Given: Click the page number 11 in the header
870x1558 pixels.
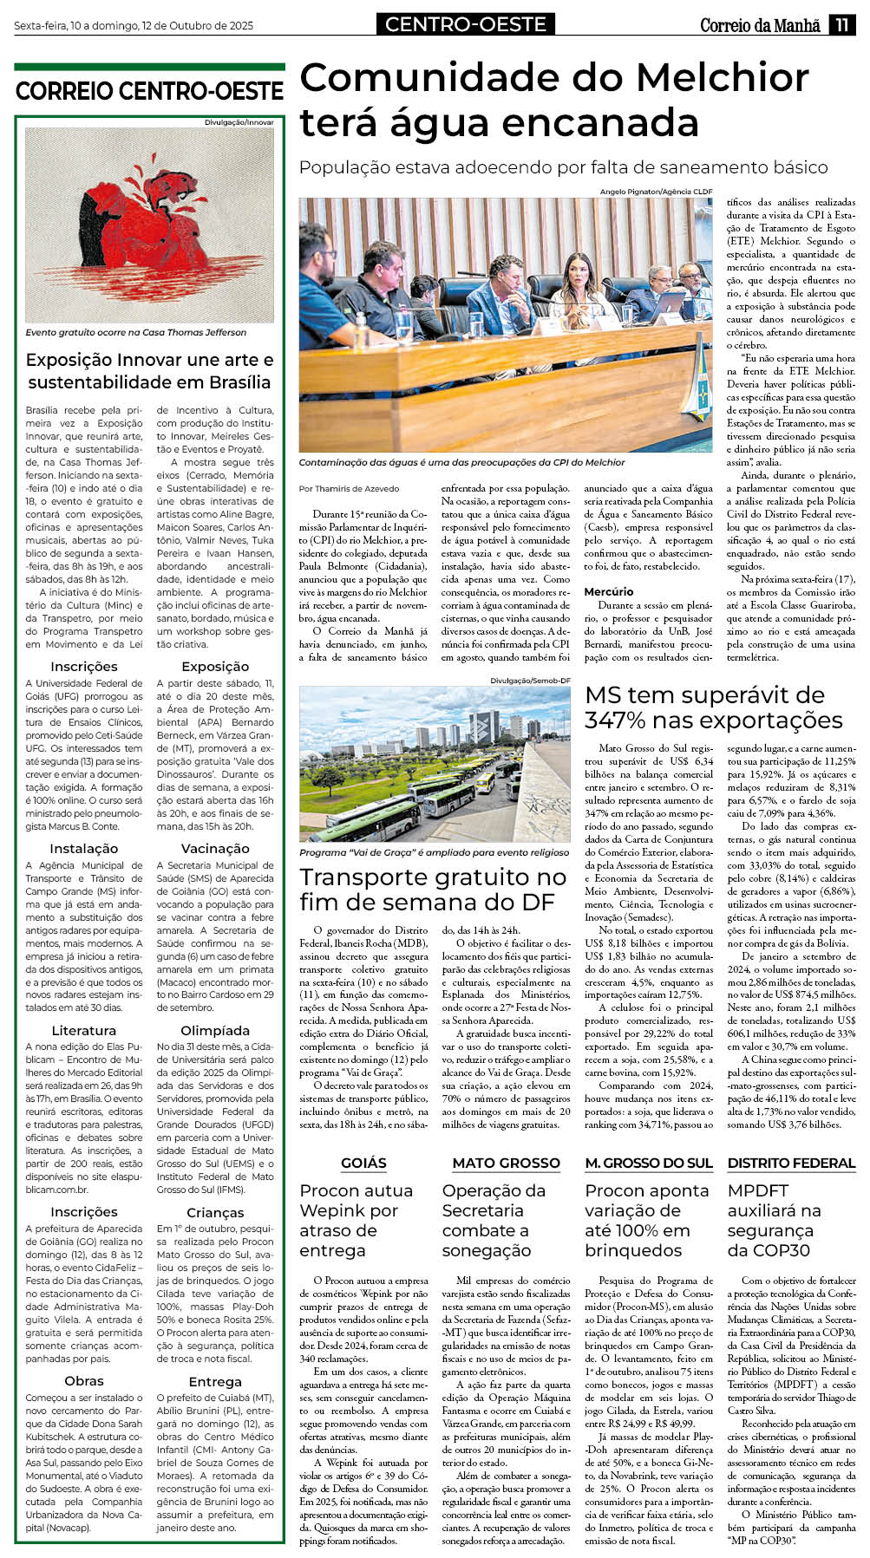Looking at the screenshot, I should coord(841,24).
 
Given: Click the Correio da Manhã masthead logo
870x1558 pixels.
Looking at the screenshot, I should coord(760,25).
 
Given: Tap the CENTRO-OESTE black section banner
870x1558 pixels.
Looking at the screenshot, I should coord(465,24).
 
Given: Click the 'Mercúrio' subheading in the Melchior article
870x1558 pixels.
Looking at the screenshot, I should coord(609,591).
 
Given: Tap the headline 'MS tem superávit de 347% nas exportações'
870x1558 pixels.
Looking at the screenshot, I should coord(713,707).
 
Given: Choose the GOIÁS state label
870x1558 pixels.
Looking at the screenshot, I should coord(363,1163).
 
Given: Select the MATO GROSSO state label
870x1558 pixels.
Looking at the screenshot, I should coord(507,1163).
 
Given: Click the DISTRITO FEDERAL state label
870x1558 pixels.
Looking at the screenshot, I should coord(791,1163).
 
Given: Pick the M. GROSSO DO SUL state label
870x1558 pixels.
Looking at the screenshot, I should coord(648,1163).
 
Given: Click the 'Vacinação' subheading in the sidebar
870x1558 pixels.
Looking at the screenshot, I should coord(215,849).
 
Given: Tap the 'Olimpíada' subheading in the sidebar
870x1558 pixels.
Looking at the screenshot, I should coord(215,1031).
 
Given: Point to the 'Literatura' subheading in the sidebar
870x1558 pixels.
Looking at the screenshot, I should coord(84,1031).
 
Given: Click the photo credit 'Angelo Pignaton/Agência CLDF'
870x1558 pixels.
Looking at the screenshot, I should coord(656,192).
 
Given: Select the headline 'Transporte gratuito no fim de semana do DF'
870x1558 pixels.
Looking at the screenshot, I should coord(433,890).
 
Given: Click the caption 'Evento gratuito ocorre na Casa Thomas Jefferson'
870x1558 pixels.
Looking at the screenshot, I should coord(136,333).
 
